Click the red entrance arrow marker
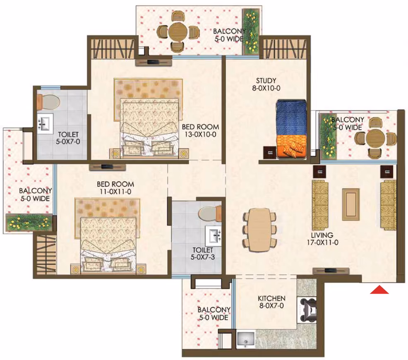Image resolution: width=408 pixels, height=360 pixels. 379,290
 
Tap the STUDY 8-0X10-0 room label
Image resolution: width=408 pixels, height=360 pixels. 266,84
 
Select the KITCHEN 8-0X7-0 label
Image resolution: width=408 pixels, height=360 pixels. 271,302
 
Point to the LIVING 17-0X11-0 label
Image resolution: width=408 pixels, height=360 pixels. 322,239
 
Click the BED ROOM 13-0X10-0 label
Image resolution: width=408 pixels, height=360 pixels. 200,131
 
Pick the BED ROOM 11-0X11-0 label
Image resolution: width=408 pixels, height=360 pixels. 115,188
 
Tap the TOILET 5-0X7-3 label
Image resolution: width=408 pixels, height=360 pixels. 203,254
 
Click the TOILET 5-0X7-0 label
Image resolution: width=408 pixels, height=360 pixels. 68,138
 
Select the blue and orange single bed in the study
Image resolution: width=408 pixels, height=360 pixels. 291,129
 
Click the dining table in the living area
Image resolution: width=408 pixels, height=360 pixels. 259,230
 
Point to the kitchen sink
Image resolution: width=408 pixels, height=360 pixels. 246,339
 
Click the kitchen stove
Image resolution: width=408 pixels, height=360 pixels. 307,309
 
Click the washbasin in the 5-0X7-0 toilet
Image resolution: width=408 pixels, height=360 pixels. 45,124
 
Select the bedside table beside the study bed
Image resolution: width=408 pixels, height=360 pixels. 270,152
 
